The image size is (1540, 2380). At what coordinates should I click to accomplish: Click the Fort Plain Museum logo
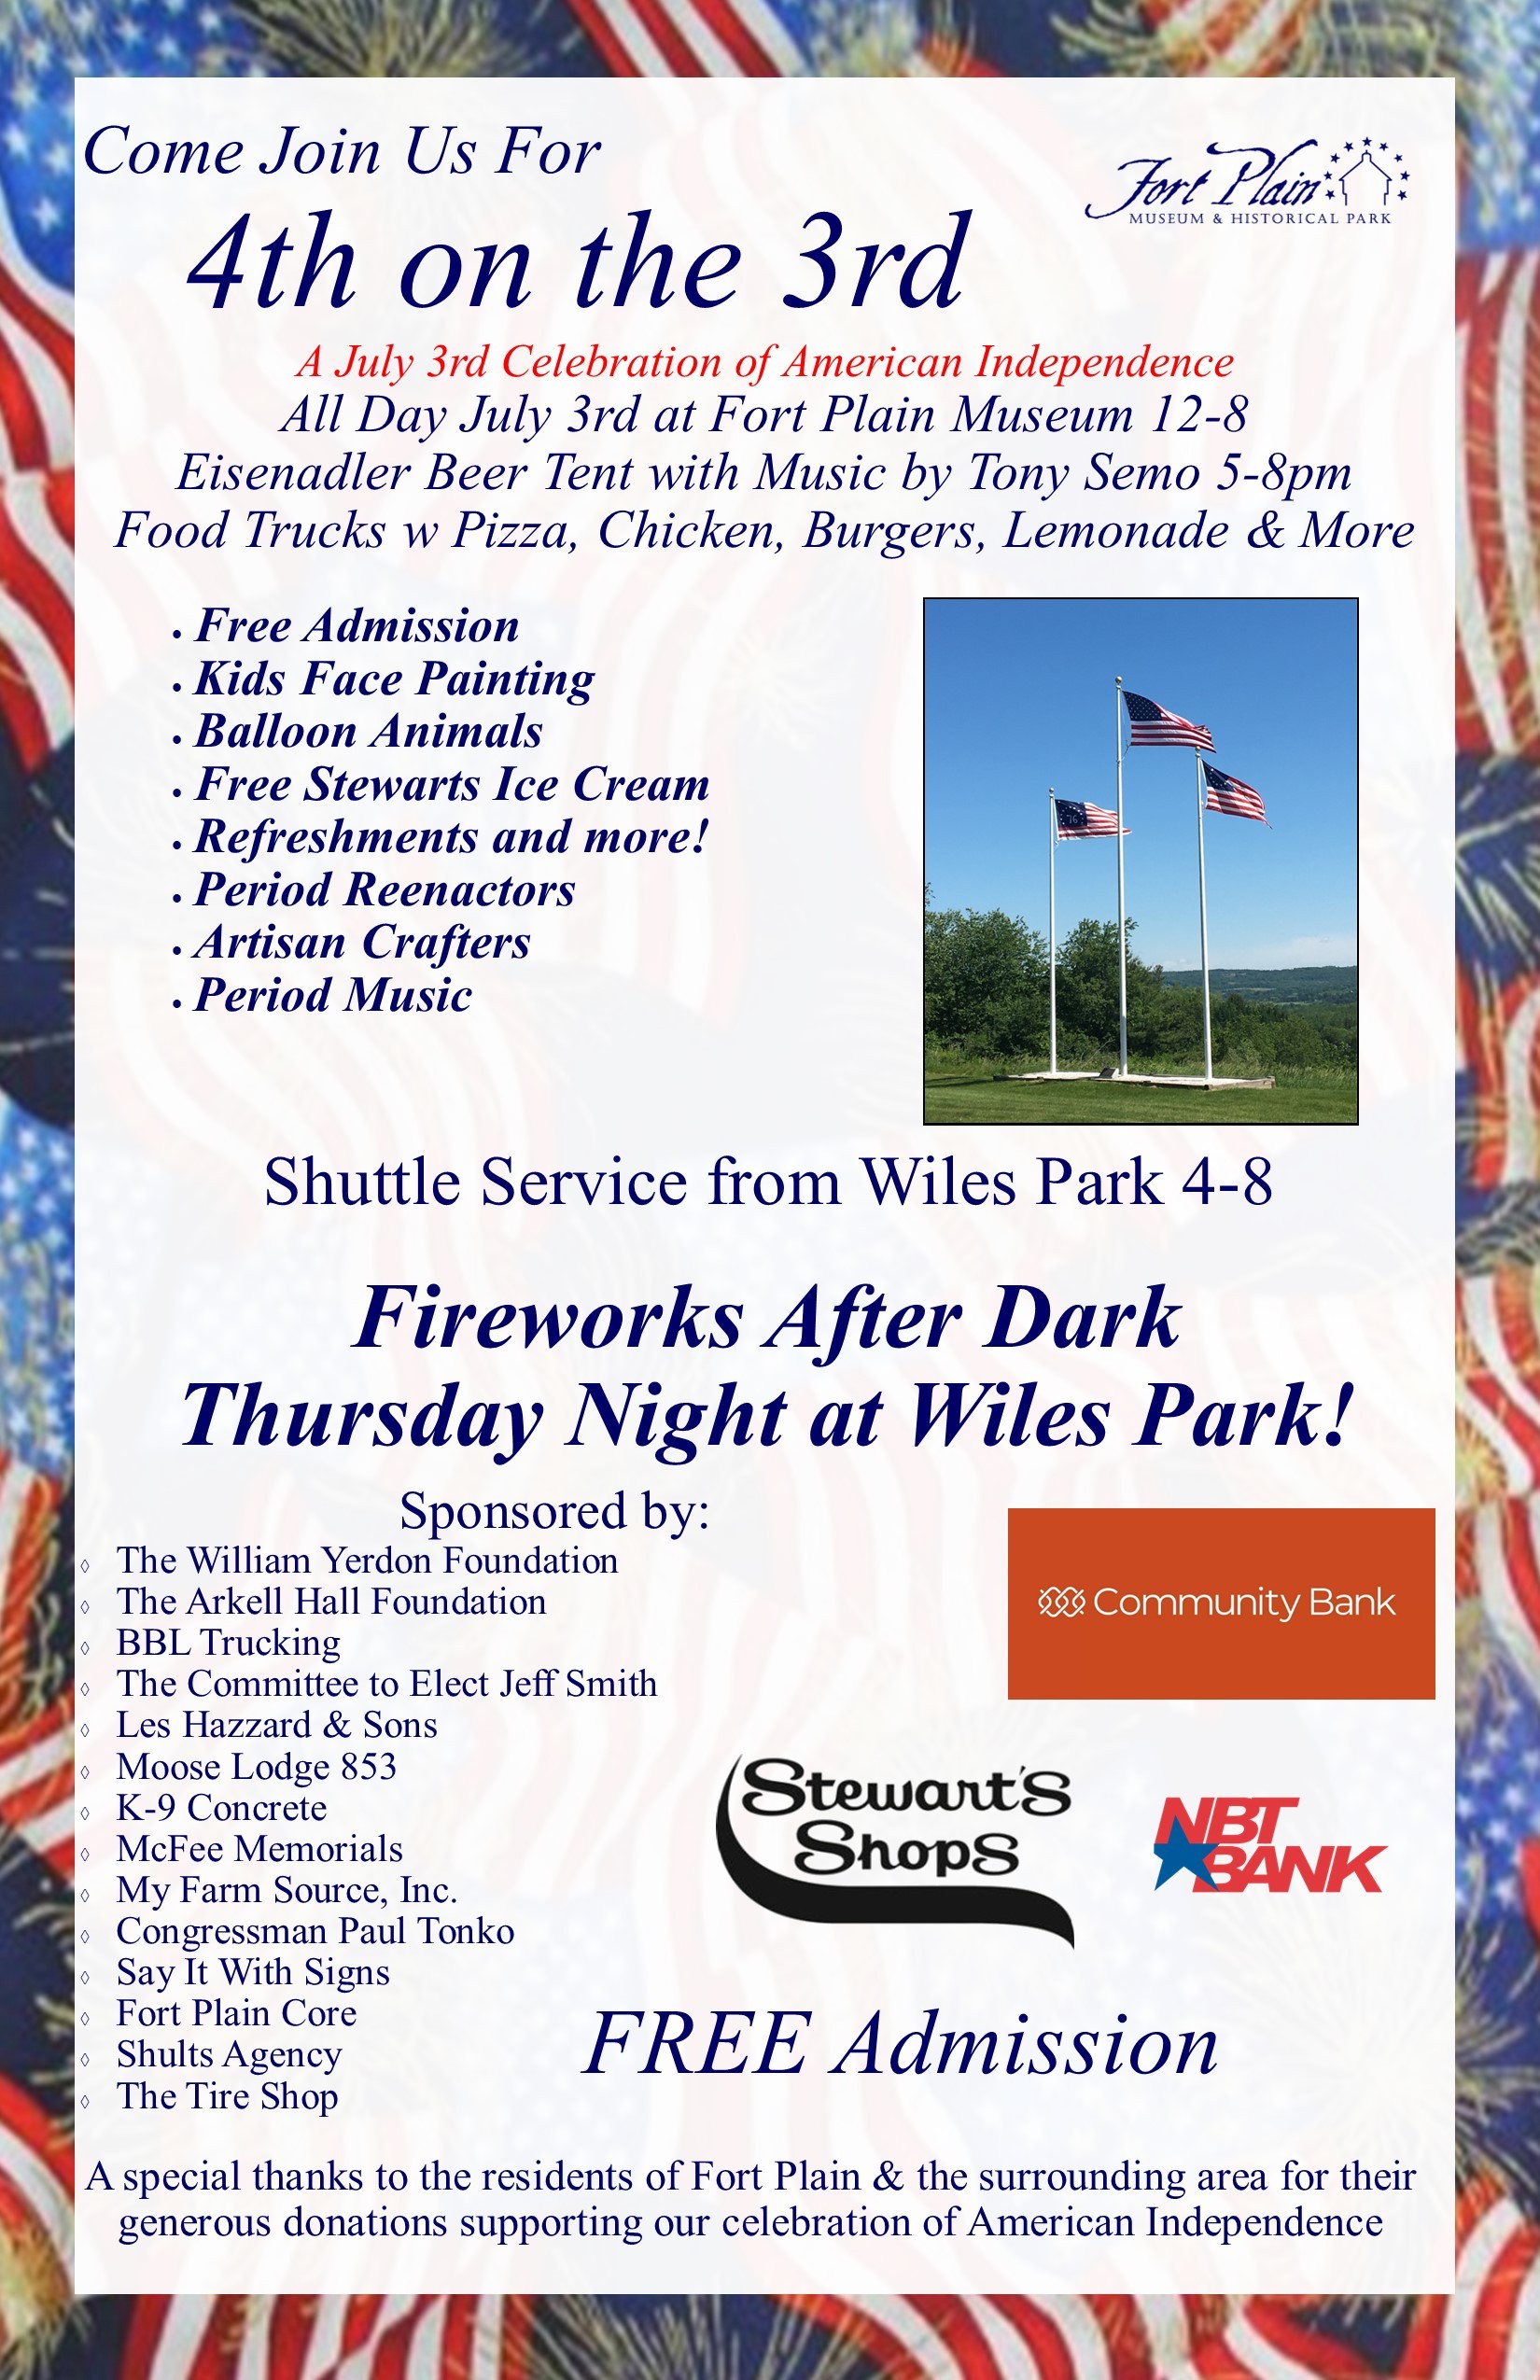(1248, 181)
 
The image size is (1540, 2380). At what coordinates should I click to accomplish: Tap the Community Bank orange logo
(1221, 1603)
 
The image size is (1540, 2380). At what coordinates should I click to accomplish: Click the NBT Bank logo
(1269, 1845)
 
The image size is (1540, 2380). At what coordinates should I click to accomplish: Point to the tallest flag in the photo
(1167, 720)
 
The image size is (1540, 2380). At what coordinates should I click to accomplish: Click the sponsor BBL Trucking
(228, 1642)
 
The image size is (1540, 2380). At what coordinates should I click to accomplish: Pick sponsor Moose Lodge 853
(256, 1766)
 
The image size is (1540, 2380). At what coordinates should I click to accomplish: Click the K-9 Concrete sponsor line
(221, 1807)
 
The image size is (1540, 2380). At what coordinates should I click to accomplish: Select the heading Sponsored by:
(554, 1511)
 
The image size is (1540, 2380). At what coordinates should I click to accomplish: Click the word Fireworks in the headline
(548, 1318)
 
